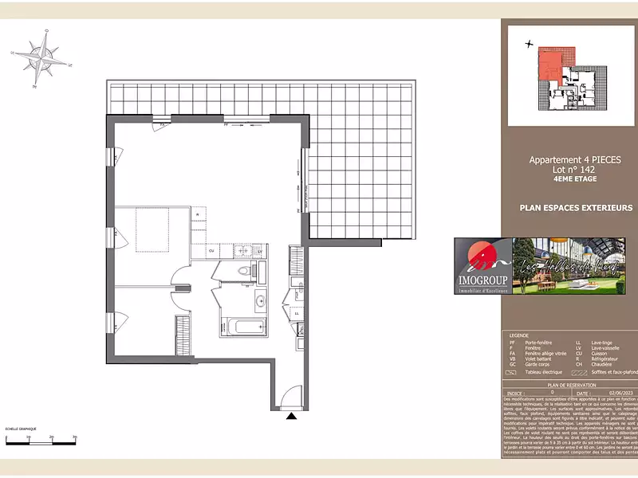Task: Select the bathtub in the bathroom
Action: [x=242, y=327]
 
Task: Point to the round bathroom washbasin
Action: [x=260, y=301]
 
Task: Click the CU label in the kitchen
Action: [x=211, y=251]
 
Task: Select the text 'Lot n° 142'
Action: [x=563, y=170]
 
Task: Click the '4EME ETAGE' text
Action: [x=563, y=179]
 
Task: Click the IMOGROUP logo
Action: [x=482, y=265]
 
